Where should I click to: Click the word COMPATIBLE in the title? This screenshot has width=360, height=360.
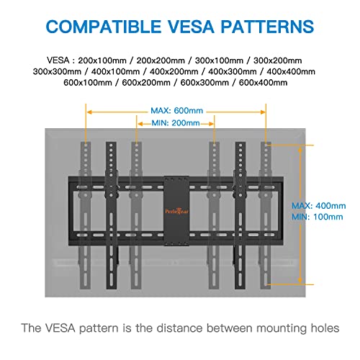point(104,27)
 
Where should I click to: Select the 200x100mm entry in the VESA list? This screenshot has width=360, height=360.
point(102,60)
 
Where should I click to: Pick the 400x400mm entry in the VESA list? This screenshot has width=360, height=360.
point(291,71)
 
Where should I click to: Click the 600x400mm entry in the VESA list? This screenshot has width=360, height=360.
point(263,83)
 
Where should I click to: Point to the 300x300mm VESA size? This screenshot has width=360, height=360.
point(57,71)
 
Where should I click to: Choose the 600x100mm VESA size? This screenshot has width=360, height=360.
point(88,83)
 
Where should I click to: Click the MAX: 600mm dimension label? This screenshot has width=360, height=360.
point(177,111)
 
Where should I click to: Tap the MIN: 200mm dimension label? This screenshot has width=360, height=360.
point(176,123)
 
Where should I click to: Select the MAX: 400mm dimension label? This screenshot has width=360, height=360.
point(319,206)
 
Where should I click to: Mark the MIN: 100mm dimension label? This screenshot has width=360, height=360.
point(318,217)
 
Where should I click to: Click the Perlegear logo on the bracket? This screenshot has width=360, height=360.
point(177,211)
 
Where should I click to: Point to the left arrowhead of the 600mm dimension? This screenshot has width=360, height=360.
point(89,112)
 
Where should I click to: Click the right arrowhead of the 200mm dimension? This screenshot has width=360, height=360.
point(211,124)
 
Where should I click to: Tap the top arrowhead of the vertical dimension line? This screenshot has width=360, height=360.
point(300,150)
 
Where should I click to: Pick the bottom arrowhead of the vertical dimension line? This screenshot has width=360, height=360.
point(300,280)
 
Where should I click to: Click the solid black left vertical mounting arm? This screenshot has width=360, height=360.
point(111,215)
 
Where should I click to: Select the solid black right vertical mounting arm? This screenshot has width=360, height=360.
point(240,215)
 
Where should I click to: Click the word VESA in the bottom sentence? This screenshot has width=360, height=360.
point(60,328)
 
